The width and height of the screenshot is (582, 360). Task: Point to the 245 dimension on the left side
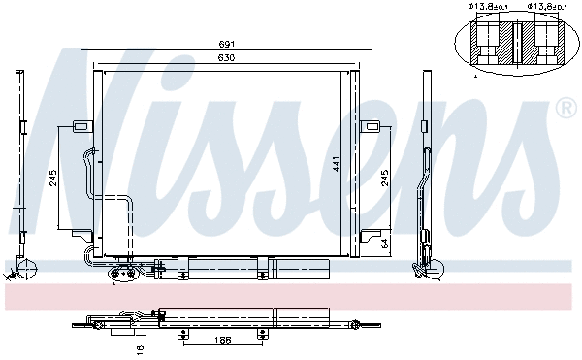click(x=52, y=177)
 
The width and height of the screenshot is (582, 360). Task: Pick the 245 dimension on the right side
click(x=385, y=177)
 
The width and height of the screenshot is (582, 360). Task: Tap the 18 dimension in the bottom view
click(x=140, y=347)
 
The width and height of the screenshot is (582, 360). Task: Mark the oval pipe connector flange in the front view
click(x=123, y=275)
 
